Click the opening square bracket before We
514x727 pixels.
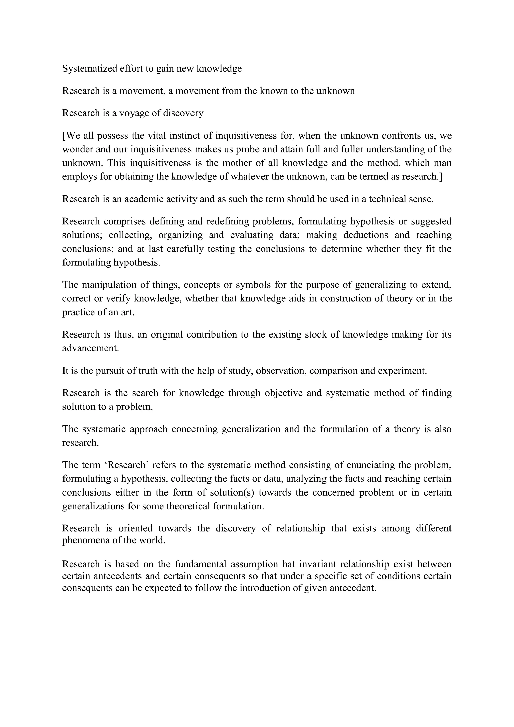point(63,136)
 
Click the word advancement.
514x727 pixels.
point(91,348)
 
